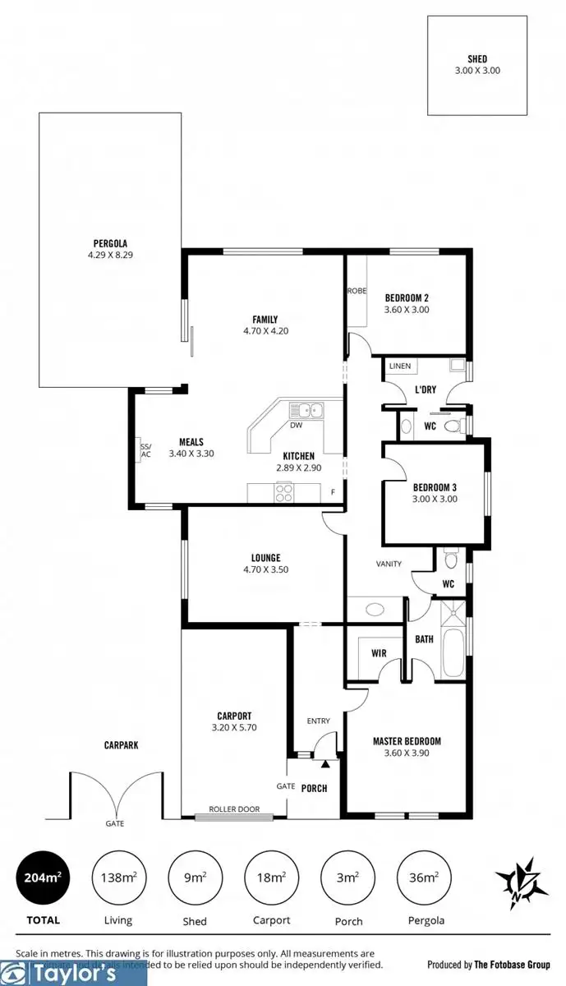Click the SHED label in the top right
pyautogui.click(x=477, y=59)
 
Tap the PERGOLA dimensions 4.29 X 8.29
pyautogui.click(x=109, y=256)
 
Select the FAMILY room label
pyautogui.click(x=265, y=320)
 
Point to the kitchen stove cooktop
pyautogui.click(x=284, y=492)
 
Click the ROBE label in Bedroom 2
pyautogui.click(x=357, y=291)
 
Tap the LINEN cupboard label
pyautogui.click(x=400, y=366)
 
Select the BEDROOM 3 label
pyautogui.click(x=434, y=486)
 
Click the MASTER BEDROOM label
pyautogui.click(x=407, y=740)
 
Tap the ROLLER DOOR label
pyautogui.click(x=234, y=809)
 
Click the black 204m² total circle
pyautogui.click(x=42, y=878)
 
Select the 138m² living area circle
pyautogui.click(x=118, y=878)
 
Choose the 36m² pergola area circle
pyautogui.click(x=423, y=878)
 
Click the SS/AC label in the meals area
pyautogui.click(x=145, y=449)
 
